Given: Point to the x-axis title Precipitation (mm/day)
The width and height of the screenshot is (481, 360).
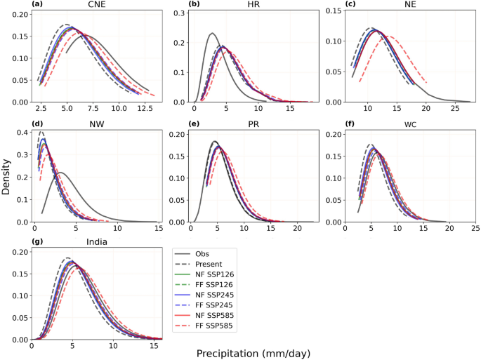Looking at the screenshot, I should (252, 353).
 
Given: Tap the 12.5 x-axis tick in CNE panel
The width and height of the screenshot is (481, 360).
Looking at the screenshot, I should (144, 109).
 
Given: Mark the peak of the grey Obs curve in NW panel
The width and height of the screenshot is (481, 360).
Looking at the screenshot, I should (60, 173).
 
